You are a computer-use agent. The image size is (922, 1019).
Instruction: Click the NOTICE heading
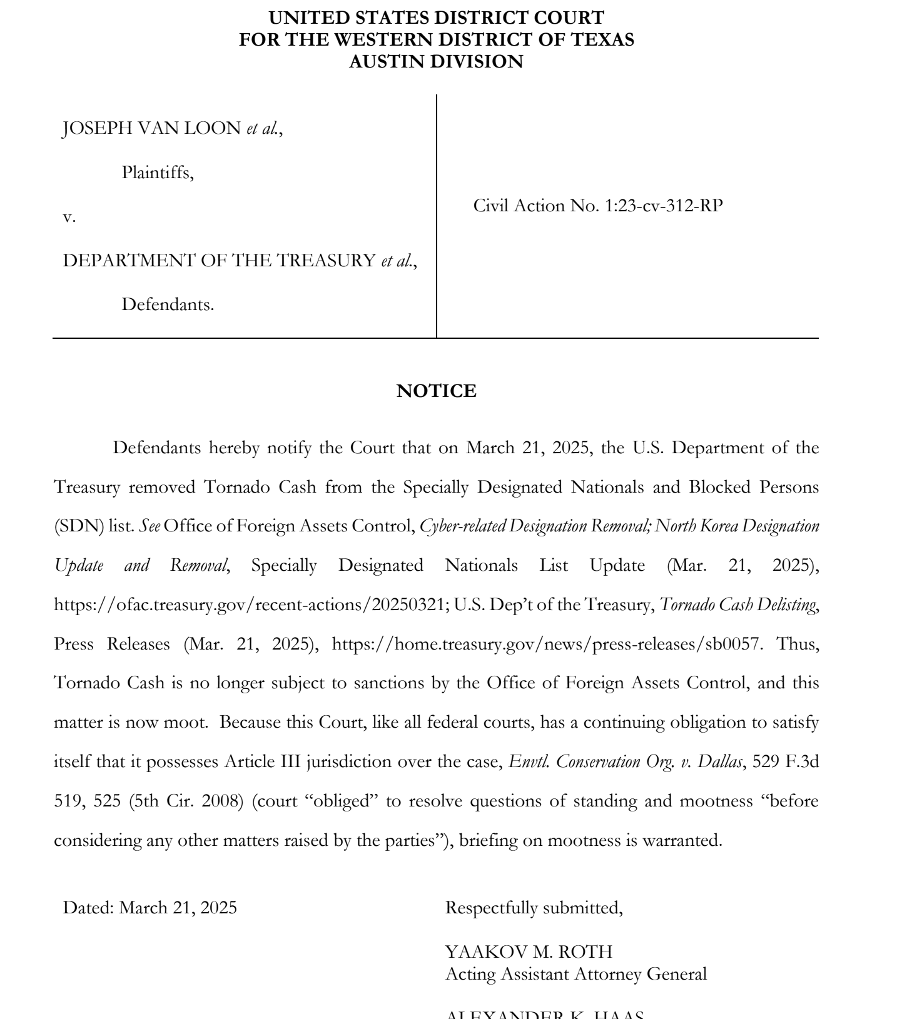tap(436, 391)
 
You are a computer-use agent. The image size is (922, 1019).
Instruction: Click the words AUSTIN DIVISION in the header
tap(436, 62)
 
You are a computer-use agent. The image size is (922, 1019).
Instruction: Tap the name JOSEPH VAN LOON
tap(151, 128)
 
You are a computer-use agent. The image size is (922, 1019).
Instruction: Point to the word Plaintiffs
tap(157, 173)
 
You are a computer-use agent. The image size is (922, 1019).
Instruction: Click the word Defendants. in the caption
tap(167, 304)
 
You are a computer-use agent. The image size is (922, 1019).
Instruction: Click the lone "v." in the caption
tap(69, 217)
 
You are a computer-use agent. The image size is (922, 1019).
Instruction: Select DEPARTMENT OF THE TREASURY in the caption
tap(219, 261)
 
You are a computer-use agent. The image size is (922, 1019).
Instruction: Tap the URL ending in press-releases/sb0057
tap(546, 644)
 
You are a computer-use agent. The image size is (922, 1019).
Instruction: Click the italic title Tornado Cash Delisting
tap(738, 605)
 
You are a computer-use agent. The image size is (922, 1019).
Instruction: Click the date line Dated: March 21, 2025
tap(150, 908)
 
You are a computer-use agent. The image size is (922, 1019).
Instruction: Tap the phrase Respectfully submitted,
tap(534, 908)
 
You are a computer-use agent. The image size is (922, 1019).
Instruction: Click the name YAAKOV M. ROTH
tap(529, 951)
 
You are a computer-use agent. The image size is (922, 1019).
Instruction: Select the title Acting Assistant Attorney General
tap(575, 974)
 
